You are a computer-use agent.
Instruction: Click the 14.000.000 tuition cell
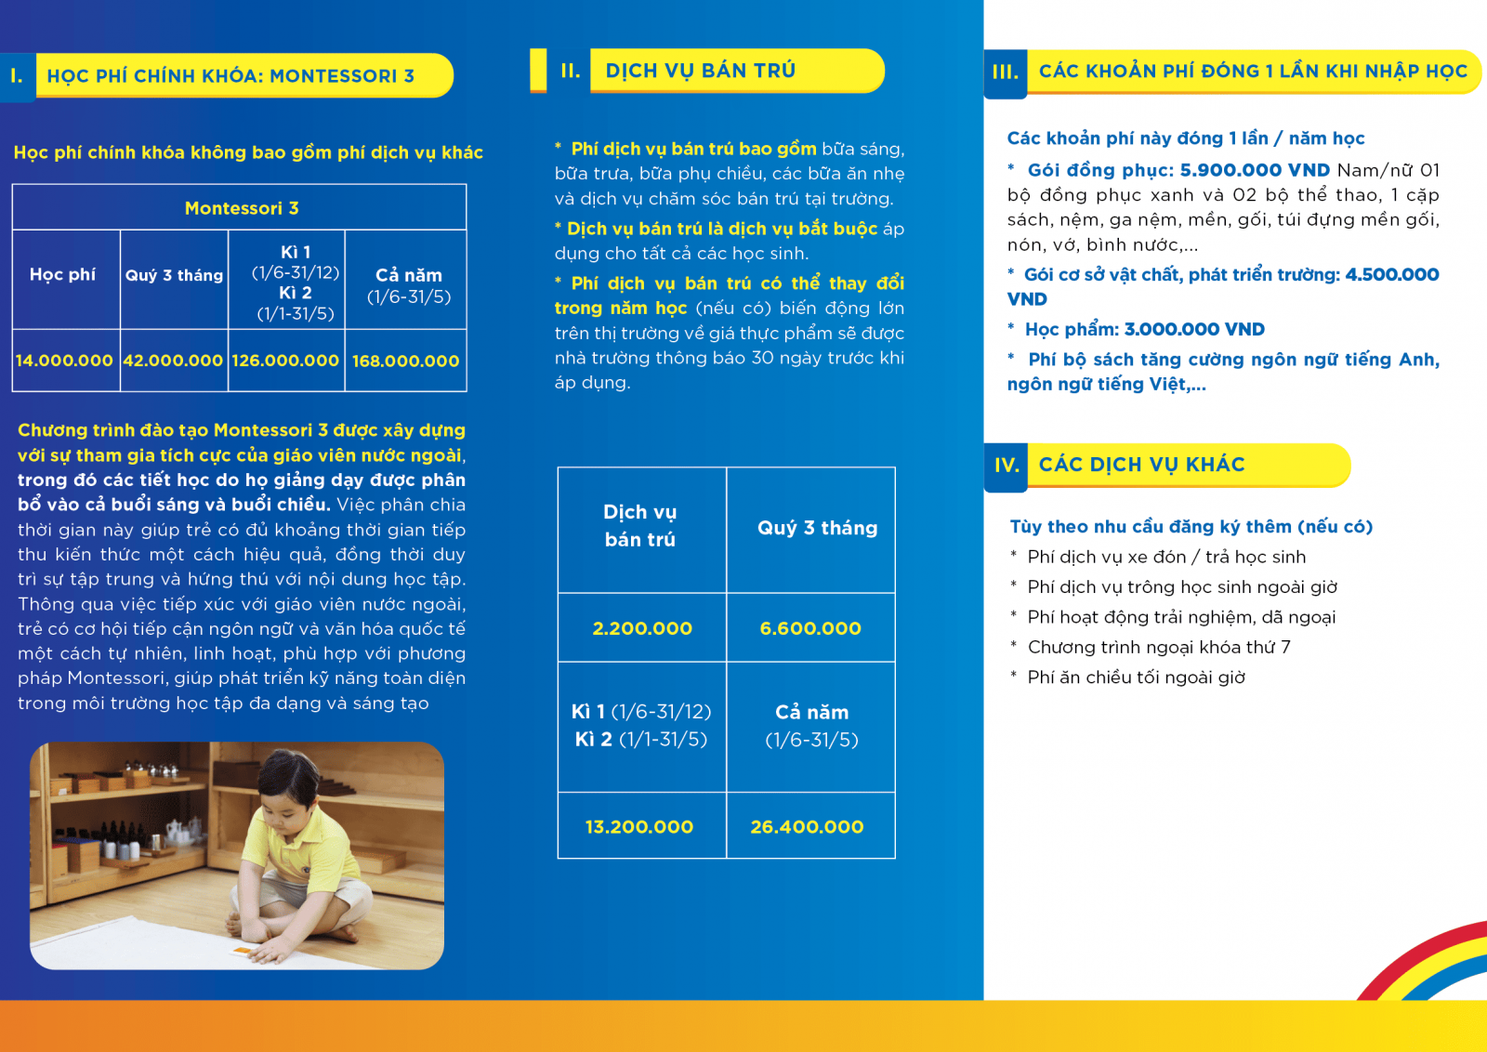(x=64, y=361)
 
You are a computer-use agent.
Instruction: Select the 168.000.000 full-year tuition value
(x=405, y=361)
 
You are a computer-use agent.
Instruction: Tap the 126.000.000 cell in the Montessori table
(x=285, y=361)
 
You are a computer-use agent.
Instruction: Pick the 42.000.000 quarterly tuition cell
(x=173, y=361)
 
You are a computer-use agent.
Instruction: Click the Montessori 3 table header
(x=241, y=208)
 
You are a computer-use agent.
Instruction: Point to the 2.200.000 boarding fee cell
(x=642, y=628)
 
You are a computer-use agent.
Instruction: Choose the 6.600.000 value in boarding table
(x=810, y=628)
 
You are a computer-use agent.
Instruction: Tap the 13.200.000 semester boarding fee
(x=639, y=826)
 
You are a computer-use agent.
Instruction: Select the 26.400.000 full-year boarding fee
(x=807, y=826)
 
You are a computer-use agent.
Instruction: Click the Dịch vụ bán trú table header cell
(x=640, y=525)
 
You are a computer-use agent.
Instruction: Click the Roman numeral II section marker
(x=571, y=71)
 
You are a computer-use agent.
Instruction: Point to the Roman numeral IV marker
(x=1007, y=465)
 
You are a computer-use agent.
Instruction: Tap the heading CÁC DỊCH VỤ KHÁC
(x=1141, y=465)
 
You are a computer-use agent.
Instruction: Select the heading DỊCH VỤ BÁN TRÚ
(x=700, y=71)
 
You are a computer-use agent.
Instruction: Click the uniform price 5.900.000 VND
(x=1255, y=170)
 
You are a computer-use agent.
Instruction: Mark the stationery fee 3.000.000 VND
(x=1194, y=329)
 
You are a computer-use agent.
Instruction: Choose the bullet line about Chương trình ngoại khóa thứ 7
(x=1158, y=647)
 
